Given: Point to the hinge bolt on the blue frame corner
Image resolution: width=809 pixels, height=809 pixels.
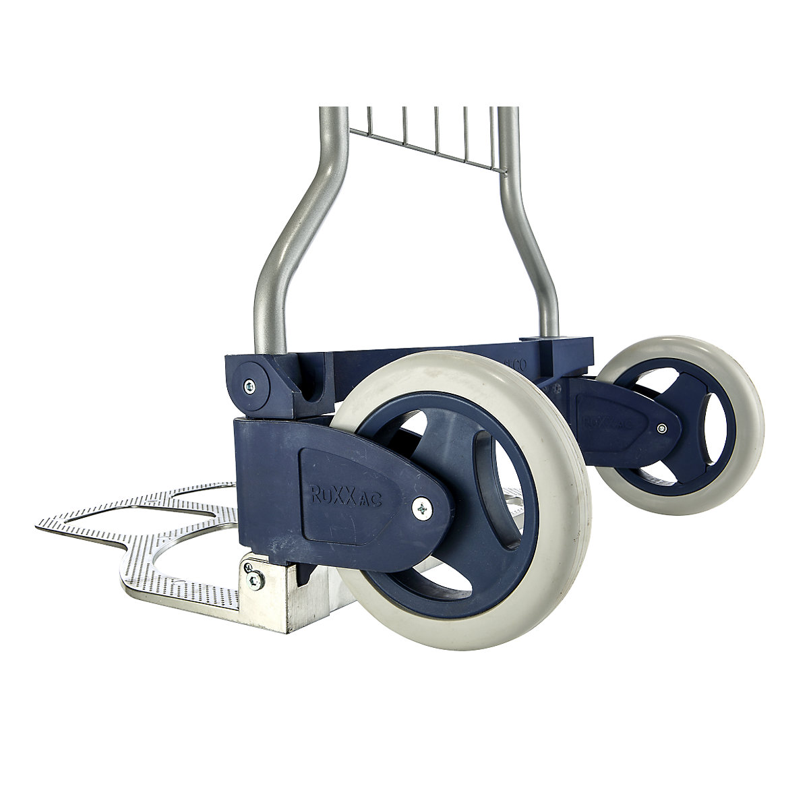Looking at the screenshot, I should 249,385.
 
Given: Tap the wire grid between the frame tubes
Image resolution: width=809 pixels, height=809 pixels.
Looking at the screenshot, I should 431,135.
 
